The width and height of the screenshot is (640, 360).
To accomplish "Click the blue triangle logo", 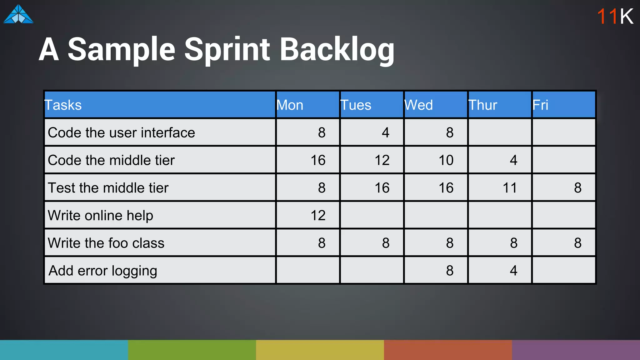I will [x=18, y=14].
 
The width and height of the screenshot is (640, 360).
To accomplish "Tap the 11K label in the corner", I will [x=615, y=16].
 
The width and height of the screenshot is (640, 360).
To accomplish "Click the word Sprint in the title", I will [x=227, y=49].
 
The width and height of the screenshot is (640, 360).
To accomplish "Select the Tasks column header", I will [x=63, y=105].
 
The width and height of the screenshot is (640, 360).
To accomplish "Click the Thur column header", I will [x=482, y=105].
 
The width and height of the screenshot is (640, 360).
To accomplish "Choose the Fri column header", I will [x=540, y=105].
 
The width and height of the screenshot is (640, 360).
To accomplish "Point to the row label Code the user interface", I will [x=121, y=132].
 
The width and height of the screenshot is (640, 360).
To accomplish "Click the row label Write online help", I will [x=100, y=215].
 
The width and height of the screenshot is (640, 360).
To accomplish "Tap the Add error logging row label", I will [x=103, y=271].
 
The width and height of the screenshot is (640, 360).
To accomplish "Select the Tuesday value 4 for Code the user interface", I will [x=386, y=132].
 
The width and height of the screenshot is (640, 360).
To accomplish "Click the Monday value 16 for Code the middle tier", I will [x=318, y=160].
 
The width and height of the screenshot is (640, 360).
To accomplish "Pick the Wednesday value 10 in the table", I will [x=446, y=160].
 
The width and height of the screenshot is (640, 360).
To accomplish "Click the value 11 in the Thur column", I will [x=510, y=188].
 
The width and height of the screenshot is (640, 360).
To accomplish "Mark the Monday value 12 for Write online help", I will [x=318, y=215].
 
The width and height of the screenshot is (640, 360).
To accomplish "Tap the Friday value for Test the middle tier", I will [x=577, y=188].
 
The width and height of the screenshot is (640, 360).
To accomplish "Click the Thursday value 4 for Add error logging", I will [x=513, y=271].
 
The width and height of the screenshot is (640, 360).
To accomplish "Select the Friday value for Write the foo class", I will [x=577, y=243].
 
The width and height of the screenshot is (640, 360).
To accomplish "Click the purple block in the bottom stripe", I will [x=576, y=350].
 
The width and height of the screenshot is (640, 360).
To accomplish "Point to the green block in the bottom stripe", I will [x=192, y=350].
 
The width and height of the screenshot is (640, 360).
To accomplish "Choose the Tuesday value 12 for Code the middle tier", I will [x=382, y=160].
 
